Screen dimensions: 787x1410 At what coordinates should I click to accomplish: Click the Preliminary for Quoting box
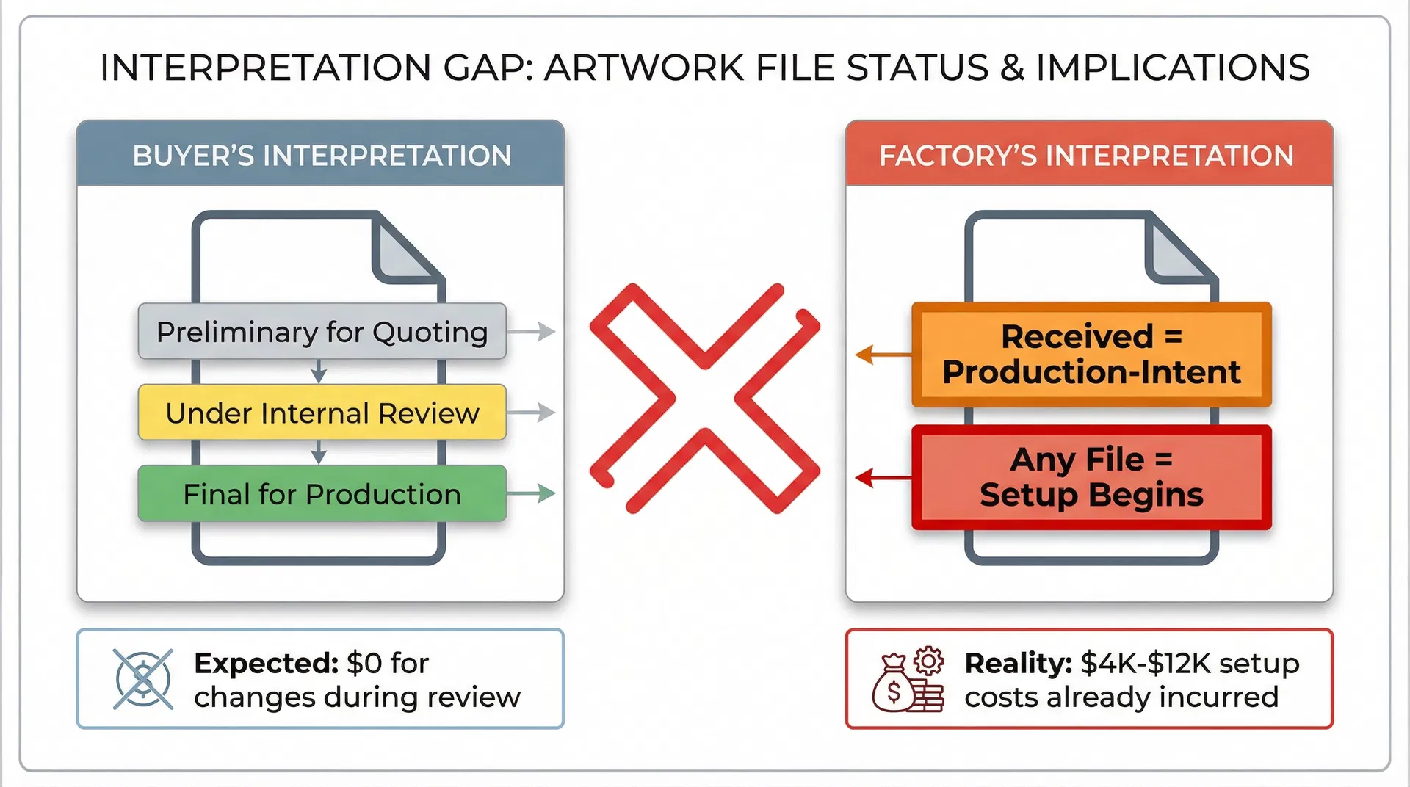(x=322, y=332)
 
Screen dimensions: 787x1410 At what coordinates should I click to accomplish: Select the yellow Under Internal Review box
(x=322, y=413)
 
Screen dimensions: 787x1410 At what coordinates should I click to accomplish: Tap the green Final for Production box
(x=322, y=494)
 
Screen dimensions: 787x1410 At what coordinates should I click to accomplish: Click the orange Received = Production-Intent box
(x=1091, y=355)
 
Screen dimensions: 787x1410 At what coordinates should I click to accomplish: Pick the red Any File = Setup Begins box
(x=1091, y=477)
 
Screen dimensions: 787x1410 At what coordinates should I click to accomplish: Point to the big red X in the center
(x=705, y=398)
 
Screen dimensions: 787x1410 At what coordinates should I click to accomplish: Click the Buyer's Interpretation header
(x=321, y=155)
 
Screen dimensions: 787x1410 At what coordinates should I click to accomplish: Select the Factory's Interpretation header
(x=1088, y=155)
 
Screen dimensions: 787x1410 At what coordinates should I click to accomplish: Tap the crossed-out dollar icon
(x=143, y=679)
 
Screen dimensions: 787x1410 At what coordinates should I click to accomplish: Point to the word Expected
(x=265, y=663)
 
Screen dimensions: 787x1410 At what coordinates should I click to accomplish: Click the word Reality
(x=1018, y=663)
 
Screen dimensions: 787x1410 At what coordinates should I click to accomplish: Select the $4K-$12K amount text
(x=1146, y=663)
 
